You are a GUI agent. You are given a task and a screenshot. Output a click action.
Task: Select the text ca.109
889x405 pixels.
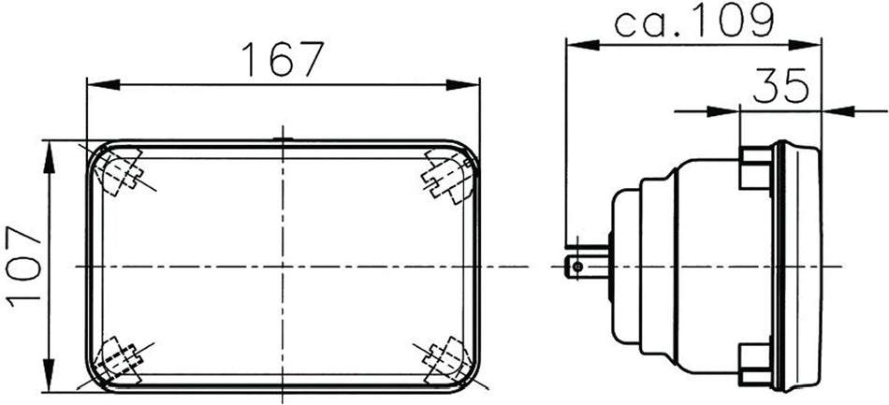(x=693, y=22)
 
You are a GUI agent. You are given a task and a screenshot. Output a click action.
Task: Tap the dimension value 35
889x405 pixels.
(x=780, y=86)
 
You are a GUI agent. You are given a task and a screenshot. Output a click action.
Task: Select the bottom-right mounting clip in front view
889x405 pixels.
(x=445, y=359)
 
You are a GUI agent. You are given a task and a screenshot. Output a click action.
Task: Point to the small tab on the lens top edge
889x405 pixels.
(x=281, y=140)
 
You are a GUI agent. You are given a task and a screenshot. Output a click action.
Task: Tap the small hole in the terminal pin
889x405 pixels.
(x=577, y=268)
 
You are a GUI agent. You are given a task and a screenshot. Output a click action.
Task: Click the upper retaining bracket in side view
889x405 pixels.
(x=755, y=167)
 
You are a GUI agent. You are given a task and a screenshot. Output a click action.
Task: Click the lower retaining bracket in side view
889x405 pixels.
(x=755, y=363)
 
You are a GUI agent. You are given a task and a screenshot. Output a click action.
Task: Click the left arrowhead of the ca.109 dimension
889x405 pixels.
(x=576, y=43)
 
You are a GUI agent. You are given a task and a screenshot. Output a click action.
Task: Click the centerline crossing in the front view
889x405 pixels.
(x=281, y=267)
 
